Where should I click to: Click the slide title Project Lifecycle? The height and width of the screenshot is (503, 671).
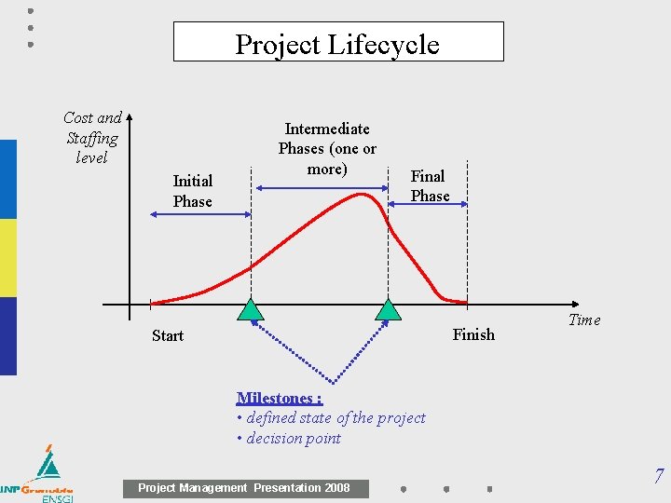coord(337,44)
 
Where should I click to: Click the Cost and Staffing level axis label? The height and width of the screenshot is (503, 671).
coord(92,138)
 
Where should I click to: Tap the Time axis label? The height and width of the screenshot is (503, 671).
coord(584,319)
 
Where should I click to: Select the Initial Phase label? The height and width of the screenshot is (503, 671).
coord(192,191)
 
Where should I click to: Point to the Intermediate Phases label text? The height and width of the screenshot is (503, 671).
coord(327,148)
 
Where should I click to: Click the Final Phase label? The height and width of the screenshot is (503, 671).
coord(430,185)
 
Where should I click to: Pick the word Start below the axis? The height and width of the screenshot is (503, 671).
coord(168,335)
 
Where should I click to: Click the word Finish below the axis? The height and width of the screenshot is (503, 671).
coord(473,334)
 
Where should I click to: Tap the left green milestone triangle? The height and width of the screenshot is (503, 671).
coord(251,311)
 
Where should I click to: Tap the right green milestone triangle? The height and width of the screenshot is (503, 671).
coord(388,311)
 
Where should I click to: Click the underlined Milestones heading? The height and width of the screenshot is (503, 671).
coord(280,399)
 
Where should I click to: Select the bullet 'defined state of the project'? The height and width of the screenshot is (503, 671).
coord(331,418)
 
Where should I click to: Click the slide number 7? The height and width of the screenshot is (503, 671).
coord(659,477)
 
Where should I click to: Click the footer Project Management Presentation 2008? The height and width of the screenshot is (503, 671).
coord(244,488)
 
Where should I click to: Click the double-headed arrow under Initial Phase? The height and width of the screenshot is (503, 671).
coord(199,215)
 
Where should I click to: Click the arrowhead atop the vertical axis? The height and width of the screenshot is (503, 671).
coord(130,117)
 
